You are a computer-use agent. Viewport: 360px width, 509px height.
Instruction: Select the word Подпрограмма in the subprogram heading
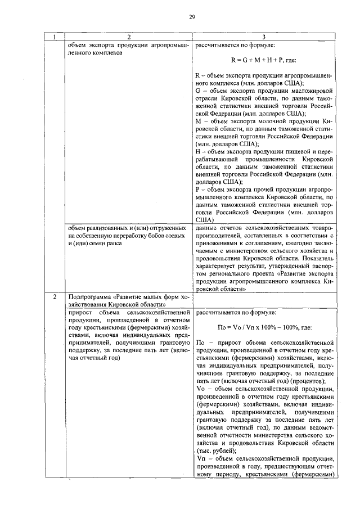90,296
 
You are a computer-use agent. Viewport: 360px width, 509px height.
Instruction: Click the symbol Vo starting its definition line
200,389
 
